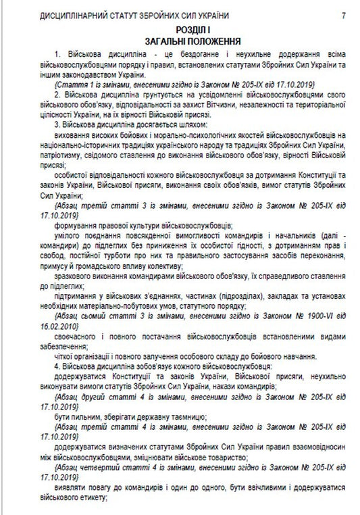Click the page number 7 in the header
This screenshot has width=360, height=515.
343,15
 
